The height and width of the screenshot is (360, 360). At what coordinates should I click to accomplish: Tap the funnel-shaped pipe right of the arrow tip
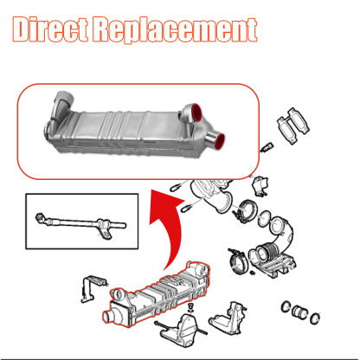pyautogui.click(x=208, y=195)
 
